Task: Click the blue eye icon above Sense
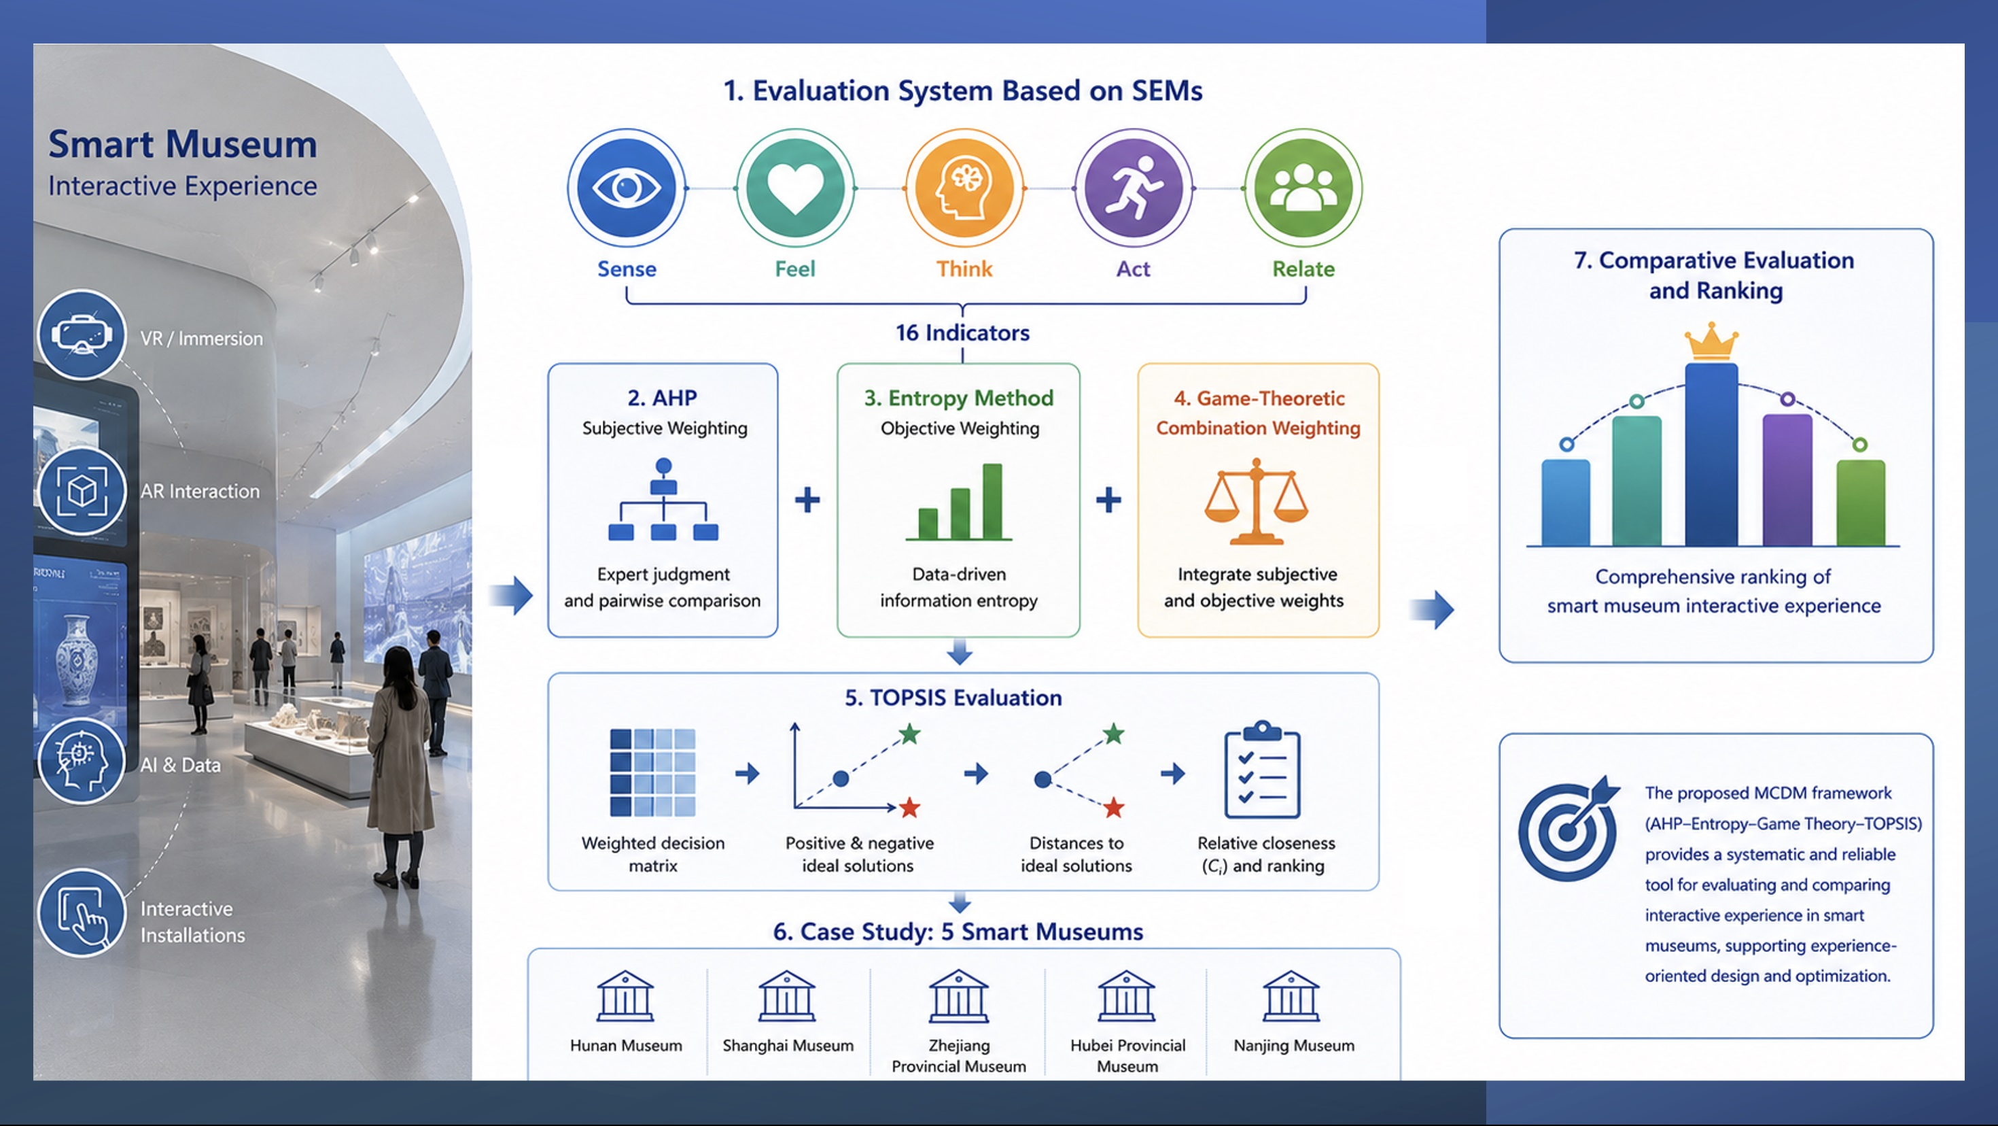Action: [x=627, y=187]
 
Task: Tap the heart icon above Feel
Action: [x=795, y=187]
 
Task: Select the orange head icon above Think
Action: [x=964, y=187]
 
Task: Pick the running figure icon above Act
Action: [x=1133, y=187]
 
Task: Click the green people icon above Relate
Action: [x=1303, y=187]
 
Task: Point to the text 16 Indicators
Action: [x=962, y=333]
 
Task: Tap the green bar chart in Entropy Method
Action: [x=960, y=501]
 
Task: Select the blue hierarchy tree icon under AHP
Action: [x=663, y=499]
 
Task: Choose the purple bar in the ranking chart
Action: [x=1787, y=479]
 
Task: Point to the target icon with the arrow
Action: [x=1568, y=828]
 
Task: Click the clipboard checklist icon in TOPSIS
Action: [x=1262, y=770]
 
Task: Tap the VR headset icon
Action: [x=82, y=335]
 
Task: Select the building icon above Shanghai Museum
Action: [x=786, y=995]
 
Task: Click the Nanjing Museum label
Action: [x=1294, y=1045]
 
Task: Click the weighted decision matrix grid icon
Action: [x=652, y=773]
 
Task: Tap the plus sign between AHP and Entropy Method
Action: [x=807, y=500]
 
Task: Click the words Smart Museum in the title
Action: [x=182, y=144]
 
